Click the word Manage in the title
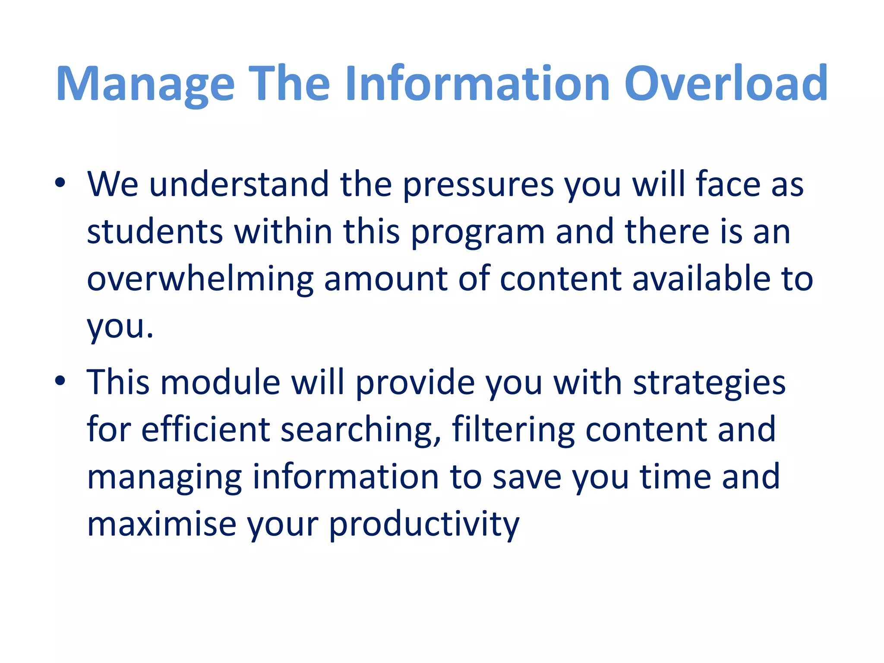click(145, 84)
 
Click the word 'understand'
click(239, 184)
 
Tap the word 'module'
click(221, 382)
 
